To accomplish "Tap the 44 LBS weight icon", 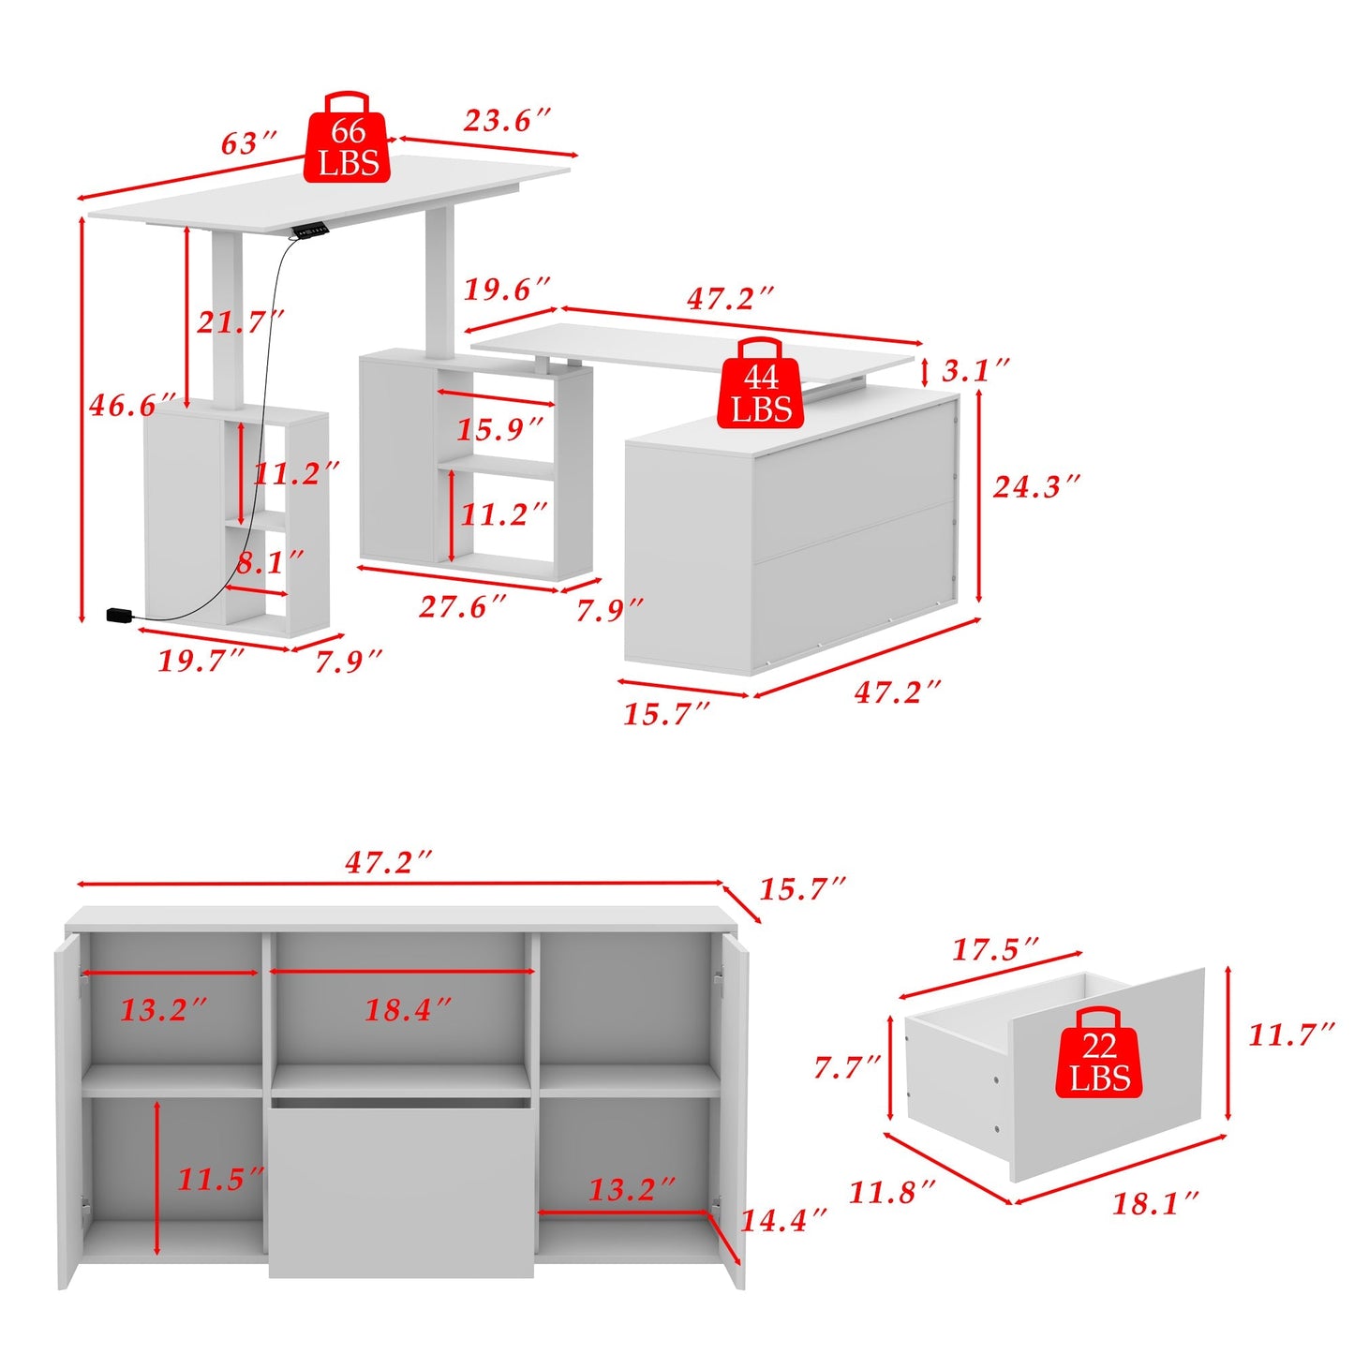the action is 760,383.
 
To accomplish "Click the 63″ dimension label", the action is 249,143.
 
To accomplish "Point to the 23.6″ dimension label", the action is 507,121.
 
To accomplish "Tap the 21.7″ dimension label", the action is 240,322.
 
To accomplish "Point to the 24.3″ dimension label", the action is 1035,486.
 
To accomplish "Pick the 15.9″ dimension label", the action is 500,429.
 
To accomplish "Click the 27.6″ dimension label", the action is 462,606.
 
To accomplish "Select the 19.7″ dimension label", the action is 201,661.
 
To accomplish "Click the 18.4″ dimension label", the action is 408,1010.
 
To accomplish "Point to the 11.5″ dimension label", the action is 220,1179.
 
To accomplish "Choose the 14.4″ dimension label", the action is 784,1221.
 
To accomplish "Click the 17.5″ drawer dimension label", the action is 995,949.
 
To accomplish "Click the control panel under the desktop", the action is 310,230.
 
